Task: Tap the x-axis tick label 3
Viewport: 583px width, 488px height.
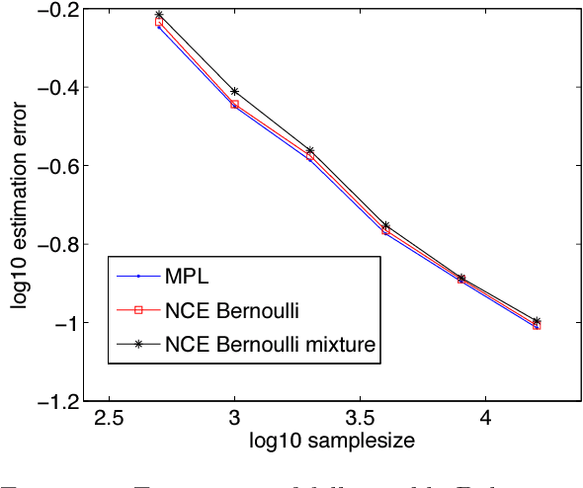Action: pyautogui.click(x=234, y=418)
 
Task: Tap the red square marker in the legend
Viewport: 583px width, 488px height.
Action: pyautogui.click(x=139, y=310)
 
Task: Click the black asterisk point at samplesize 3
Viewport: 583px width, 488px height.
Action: pyautogui.click(x=234, y=92)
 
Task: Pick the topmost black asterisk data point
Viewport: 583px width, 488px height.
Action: pyautogui.click(x=159, y=15)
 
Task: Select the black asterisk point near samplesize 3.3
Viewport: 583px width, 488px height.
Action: pyautogui.click(x=309, y=150)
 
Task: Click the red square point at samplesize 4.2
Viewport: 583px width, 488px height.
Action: pyautogui.click(x=537, y=324)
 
